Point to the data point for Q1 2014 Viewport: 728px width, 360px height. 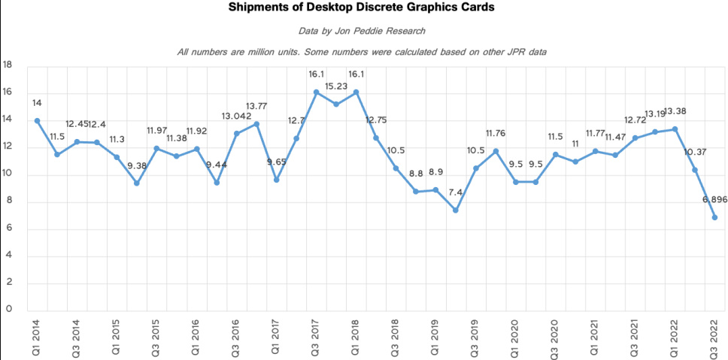[x=37, y=121]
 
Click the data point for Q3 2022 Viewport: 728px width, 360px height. [x=714, y=217]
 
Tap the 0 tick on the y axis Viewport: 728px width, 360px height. [x=9, y=309]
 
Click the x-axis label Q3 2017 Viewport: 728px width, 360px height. [x=316, y=337]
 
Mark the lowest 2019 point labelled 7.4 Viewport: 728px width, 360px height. [x=456, y=210]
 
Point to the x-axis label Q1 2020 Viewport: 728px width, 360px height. [x=515, y=337]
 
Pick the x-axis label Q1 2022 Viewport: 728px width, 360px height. [x=675, y=337]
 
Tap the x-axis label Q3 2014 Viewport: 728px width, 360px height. [x=77, y=337]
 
